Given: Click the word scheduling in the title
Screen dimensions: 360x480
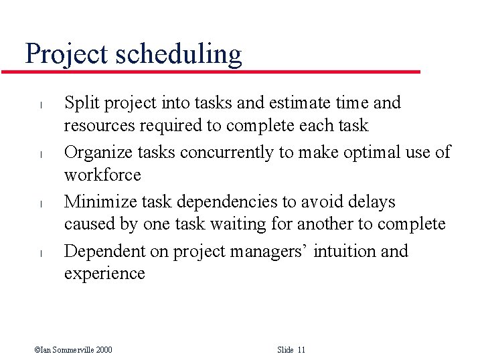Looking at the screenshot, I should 179,54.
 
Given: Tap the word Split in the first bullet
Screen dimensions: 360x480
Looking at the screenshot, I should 79,103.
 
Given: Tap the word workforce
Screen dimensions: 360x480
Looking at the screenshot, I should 102,175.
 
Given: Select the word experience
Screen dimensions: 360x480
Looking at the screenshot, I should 104,274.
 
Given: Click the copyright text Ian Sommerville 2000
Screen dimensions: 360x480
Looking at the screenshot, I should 73,350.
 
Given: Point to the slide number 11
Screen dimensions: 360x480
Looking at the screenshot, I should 301,350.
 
